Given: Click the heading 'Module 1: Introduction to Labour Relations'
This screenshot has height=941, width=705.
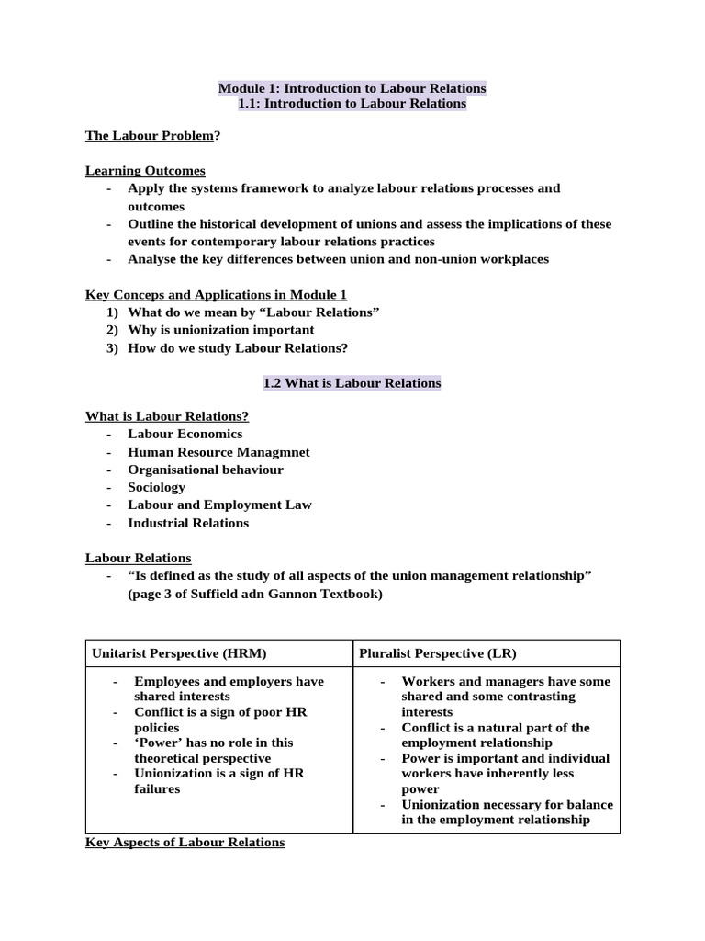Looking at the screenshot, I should pyautogui.click(x=352, y=88).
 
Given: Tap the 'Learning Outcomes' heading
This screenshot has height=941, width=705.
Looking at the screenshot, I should pyautogui.click(x=145, y=171).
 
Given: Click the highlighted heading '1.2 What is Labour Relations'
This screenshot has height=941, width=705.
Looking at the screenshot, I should pyautogui.click(x=352, y=382).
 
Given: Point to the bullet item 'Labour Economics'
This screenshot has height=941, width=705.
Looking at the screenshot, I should pyautogui.click(x=185, y=434).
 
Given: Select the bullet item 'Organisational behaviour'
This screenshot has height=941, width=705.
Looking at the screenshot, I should pyautogui.click(x=205, y=470).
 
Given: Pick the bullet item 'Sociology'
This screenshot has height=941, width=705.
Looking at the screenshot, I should pyautogui.click(x=156, y=487).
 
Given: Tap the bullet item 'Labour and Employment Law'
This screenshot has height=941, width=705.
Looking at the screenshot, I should pyautogui.click(x=219, y=505).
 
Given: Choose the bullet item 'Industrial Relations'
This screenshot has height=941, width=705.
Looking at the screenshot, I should pyautogui.click(x=188, y=523).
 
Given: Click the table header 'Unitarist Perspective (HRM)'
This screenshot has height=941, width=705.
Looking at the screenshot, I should pyautogui.click(x=179, y=653).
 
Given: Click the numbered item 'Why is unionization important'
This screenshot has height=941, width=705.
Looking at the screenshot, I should pyautogui.click(x=220, y=330).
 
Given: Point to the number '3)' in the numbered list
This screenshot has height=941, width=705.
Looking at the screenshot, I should pyautogui.click(x=113, y=347).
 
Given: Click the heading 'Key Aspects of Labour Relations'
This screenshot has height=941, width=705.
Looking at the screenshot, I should pyautogui.click(x=185, y=842).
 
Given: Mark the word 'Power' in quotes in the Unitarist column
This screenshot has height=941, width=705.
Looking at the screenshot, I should pyautogui.click(x=156, y=743).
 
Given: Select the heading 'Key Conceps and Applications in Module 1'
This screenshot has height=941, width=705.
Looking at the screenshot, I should pyautogui.click(x=216, y=294).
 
